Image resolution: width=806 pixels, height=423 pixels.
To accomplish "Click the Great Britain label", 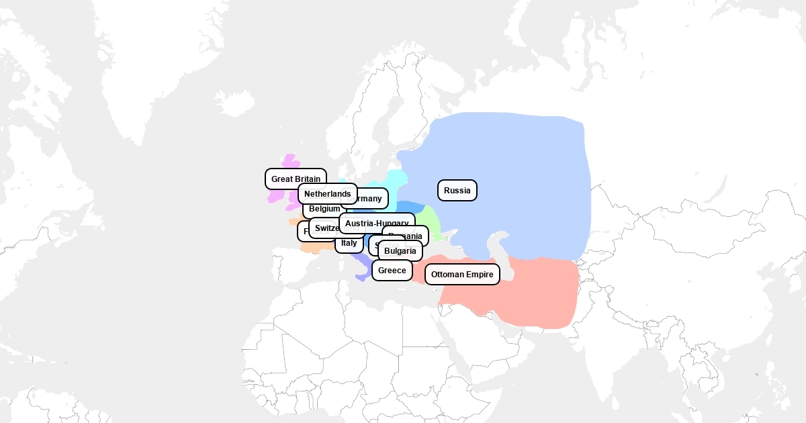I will [296, 179].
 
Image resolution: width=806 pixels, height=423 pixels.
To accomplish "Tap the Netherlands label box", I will [327, 194].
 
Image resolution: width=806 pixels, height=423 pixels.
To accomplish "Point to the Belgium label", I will [324, 209].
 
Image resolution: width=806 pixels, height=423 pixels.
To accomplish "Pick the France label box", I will [304, 232].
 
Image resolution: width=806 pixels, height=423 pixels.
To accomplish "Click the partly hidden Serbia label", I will [373, 244].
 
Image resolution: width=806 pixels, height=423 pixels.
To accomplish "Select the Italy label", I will [349, 243].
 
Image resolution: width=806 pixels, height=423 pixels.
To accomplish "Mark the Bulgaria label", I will [400, 251].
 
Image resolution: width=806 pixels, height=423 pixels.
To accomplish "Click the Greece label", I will [392, 271].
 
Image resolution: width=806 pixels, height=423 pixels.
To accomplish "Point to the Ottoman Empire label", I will [462, 275].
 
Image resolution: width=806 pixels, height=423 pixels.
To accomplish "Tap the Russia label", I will [457, 191].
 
